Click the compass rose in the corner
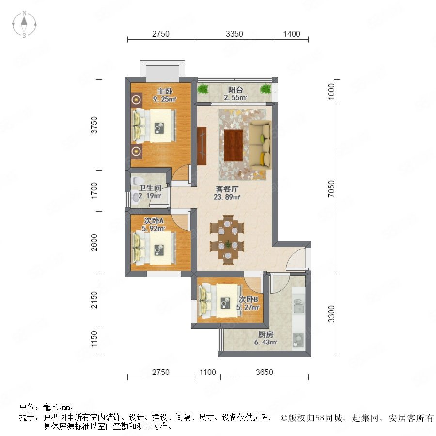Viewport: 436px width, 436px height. pyautogui.click(x=24, y=24)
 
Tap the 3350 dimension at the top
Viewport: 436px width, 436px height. pyautogui.click(x=234, y=34)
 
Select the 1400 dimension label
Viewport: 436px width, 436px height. pyautogui.click(x=292, y=34)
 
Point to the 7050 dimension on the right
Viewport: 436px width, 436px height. pyautogui.click(x=331, y=189)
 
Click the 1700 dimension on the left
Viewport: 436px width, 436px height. pyautogui.click(x=94, y=190)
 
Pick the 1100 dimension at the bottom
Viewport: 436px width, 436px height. pyautogui.click(x=208, y=372)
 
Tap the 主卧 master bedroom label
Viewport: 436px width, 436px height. pyautogui.click(x=165, y=91)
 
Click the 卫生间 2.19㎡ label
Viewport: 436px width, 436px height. pyautogui.click(x=150, y=191)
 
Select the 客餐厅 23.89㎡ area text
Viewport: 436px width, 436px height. pyautogui.click(x=227, y=193)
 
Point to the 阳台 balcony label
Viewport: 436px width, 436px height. pyautogui.click(x=235, y=90)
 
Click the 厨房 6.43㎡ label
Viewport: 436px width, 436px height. pyautogui.click(x=265, y=338)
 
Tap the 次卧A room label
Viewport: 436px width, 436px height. pyautogui.click(x=154, y=220)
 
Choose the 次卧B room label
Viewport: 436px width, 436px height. pyautogui.click(x=249, y=299)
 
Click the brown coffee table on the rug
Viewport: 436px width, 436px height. pyautogui.click(x=234, y=145)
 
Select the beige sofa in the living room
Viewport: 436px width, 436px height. pyautogui.click(x=260, y=144)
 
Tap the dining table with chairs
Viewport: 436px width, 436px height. pyautogui.click(x=227, y=240)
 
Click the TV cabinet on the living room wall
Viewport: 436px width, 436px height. pyautogui.click(x=202, y=146)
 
